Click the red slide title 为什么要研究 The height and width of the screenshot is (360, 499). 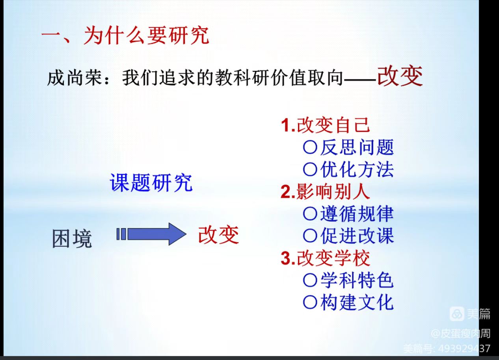tap(147, 35)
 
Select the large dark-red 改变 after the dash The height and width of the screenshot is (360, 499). tap(400, 76)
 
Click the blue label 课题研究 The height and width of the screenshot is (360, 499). tap(151, 183)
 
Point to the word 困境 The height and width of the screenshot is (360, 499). tap(72, 239)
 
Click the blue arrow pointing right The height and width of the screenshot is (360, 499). tap(151, 234)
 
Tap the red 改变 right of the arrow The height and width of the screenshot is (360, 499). tap(218, 235)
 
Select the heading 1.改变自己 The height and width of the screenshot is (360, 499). tap(325, 125)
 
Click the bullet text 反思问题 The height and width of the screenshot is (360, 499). tap(357, 147)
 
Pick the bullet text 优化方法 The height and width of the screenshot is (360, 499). tap(357, 169)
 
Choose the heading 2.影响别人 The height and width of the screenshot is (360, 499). tap(325, 192)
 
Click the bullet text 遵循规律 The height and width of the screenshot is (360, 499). tap(357, 214)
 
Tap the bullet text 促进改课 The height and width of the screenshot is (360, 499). tap(357, 236)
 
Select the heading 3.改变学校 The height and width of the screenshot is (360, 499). tap(325, 258)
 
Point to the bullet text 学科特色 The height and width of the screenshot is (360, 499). tap(357, 280)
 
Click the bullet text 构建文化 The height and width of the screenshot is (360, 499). tap(357, 302)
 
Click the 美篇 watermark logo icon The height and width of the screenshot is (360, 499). tap(457, 314)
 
